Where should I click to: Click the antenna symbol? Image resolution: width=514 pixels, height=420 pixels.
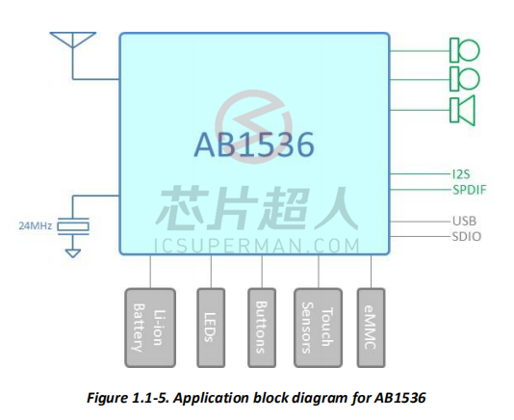[73, 39]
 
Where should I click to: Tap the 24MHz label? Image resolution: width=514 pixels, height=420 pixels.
[35, 225]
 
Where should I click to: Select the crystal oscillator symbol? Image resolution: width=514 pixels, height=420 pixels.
[73, 226]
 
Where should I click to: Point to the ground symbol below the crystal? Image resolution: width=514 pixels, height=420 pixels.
[73, 253]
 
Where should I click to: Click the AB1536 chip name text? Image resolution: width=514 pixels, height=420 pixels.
[254, 144]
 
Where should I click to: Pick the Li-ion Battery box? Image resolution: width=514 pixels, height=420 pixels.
[150, 328]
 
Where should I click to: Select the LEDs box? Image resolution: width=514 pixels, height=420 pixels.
[211, 328]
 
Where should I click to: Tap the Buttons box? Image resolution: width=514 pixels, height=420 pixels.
[262, 328]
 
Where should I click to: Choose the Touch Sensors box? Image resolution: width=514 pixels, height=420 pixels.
[318, 328]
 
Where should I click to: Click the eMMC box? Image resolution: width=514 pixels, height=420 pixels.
[371, 328]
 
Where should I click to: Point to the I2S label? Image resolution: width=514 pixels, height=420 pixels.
[461, 174]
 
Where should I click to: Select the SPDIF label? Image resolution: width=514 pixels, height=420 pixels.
[470, 190]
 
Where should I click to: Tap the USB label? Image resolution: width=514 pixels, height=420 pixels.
[464, 221]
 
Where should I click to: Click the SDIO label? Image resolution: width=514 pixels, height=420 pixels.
[467, 236]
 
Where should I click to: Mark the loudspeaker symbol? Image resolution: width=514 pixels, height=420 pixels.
[462, 110]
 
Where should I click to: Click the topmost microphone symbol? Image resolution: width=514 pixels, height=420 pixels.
[465, 50]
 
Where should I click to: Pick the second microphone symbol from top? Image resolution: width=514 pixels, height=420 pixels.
[465, 79]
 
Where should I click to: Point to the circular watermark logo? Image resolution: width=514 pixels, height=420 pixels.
[253, 126]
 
